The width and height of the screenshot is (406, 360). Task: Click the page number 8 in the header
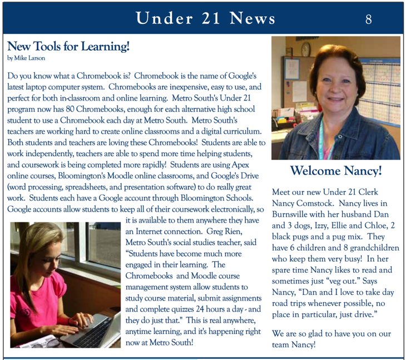coord(369,19)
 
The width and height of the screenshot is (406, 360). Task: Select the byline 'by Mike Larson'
coord(26,58)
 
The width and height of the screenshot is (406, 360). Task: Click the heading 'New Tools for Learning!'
coord(68,47)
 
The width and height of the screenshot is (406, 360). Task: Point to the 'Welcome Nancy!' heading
coord(336,171)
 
